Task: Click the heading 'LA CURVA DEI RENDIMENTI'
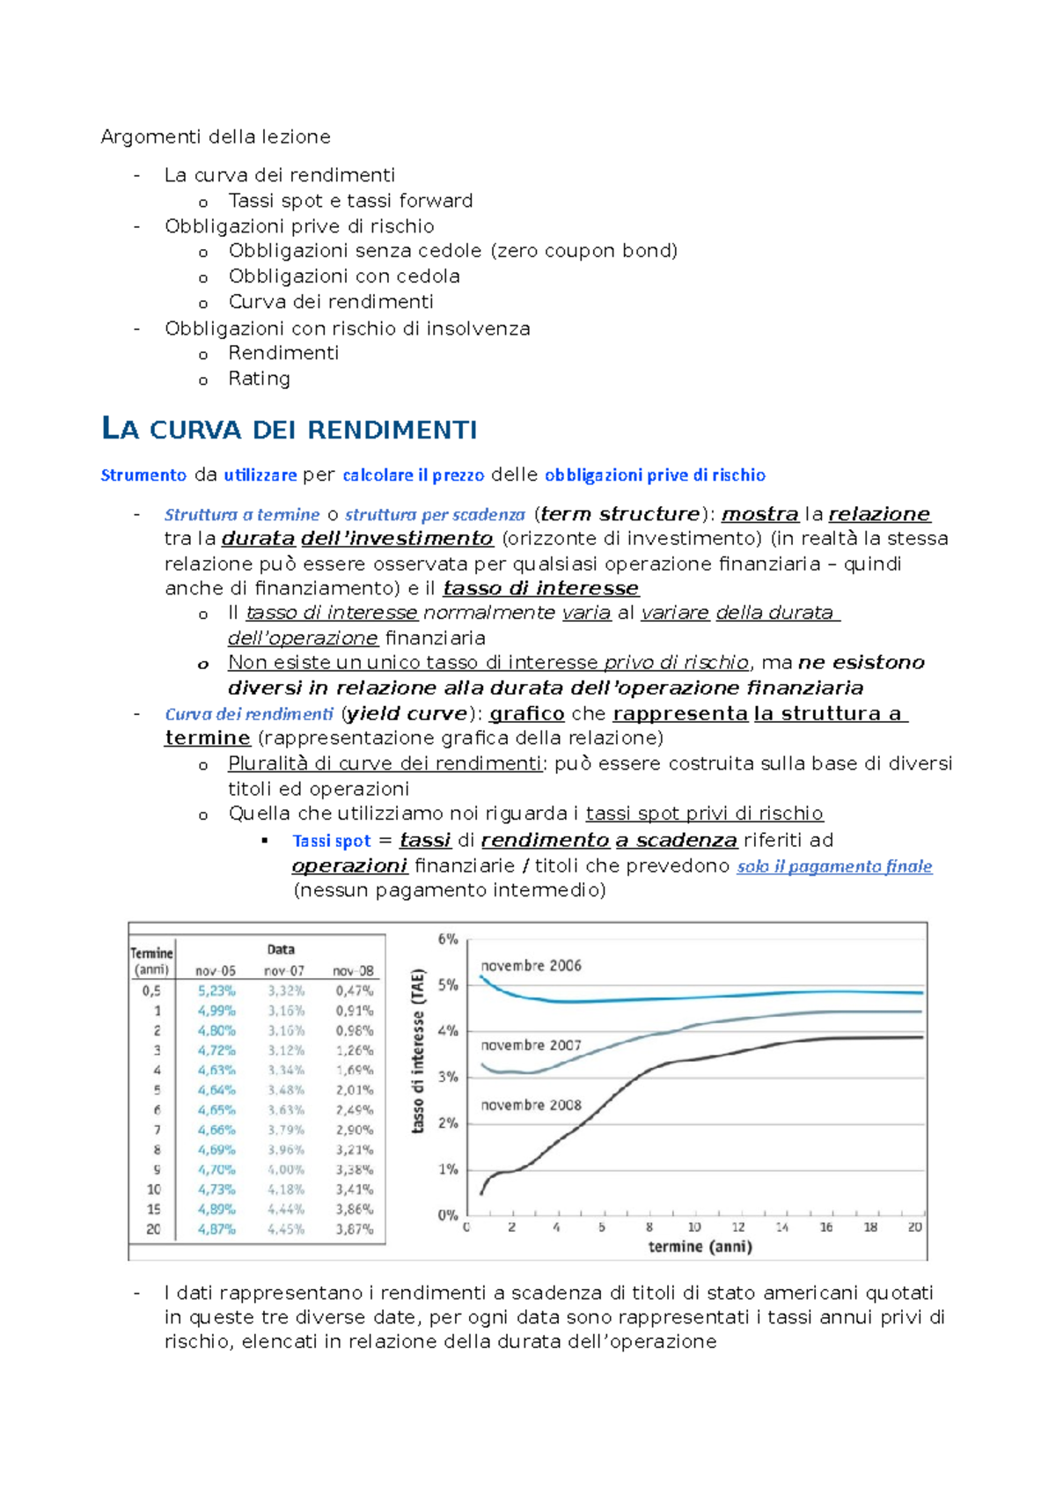(290, 430)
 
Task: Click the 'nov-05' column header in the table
(216, 970)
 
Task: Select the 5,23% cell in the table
(216, 991)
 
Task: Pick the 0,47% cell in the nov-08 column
(355, 991)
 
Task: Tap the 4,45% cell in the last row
(286, 1229)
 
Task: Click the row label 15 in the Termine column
(154, 1209)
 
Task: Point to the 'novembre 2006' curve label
(531, 966)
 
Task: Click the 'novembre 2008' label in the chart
(531, 1105)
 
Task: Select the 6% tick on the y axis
(448, 939)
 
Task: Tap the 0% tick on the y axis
(448, 1215)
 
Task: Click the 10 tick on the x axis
(694, 1227)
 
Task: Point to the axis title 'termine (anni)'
(700, 1247)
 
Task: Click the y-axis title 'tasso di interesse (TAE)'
(419, 1050)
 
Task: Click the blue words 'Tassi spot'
(332, 841)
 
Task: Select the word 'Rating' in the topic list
(259, 379)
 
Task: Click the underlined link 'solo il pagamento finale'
(834, 866)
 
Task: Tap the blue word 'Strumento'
(143, 475)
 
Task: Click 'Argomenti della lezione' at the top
(216, 136)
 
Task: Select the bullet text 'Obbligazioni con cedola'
(344, 276)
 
